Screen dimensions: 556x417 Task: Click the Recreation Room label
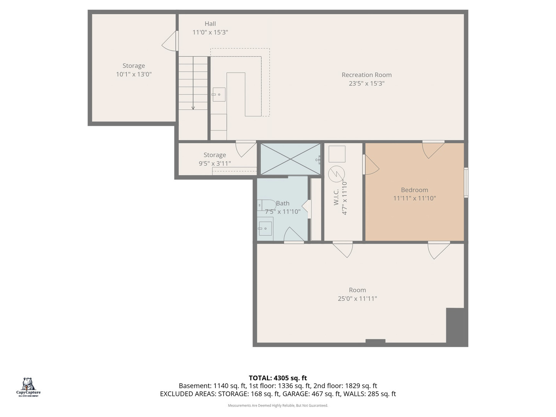click(x=366, y=75)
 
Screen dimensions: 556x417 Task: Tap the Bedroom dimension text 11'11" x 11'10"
click(x=414, y=198)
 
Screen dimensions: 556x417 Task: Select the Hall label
click(x=210, y=24)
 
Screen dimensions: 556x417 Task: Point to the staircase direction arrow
click(x=193, y=83)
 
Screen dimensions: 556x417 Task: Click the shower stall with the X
click(x=290, y=159)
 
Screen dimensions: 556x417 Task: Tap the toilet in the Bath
click(x=266, y=205)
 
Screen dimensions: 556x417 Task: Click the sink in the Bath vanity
click(x=265, y=228)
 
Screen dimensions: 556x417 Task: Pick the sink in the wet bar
click(x=219, y=95)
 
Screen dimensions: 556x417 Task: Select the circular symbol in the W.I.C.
click(x=337, y=174)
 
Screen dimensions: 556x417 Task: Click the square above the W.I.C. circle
click(x=337, y=154)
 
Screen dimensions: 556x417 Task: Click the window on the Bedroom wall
click(x=466, y=182)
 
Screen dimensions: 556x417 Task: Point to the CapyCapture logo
click(x=28, y=387)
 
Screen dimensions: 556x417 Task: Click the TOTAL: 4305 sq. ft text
click(x=278, y=378)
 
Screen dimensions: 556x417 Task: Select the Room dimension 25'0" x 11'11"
click(x=358, y=298)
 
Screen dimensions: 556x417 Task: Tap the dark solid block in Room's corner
click(x=457, y=327)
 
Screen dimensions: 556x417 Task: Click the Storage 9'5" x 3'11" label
click(x=215, y=159)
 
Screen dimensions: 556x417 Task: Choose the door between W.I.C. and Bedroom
click(x=371, y=164)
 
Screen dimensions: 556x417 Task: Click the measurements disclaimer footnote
click(x=278, y=405)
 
